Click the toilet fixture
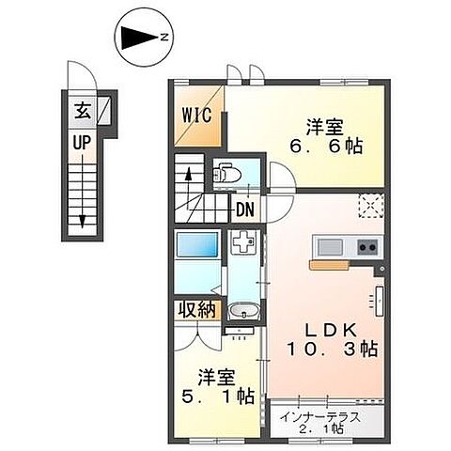click(226, 174)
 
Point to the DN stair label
click(246, 210)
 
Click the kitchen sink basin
click(329, 247)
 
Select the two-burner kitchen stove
click(366, 248)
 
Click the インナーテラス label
click(328, 411)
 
